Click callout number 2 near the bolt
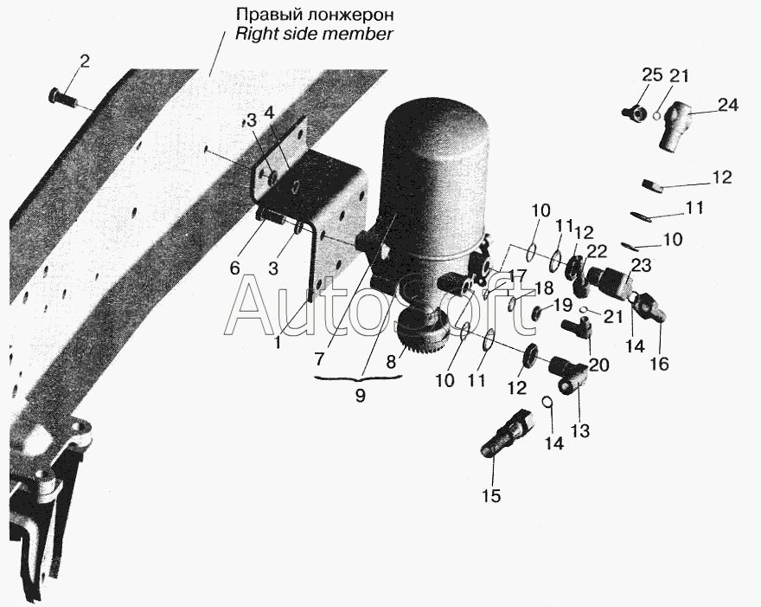85,61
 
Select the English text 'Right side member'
314,34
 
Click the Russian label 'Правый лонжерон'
315,15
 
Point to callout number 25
652,74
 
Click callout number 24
728,106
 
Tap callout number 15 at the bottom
491,495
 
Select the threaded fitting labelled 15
506,432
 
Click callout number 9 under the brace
360,396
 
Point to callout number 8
391,361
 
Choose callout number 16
660,363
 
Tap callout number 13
580,430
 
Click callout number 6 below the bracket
235,268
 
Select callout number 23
640,266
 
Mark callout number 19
563,305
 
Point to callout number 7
319,359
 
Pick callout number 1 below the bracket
277,343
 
